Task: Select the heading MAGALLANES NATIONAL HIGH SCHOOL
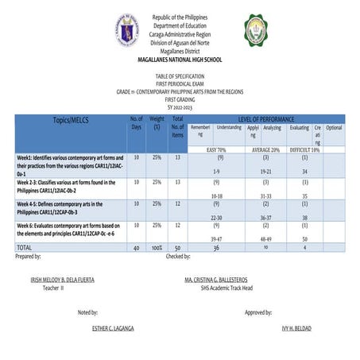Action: click(180, 60)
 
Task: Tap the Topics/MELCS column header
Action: click(68, 119)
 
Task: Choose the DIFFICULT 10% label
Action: click(304, 149)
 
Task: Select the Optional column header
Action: click(335, 127)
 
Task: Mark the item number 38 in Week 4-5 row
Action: click(304, 218)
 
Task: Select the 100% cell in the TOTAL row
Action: click(157, 249)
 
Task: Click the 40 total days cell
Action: click(136, 249)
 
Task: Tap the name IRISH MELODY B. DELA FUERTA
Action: click(62, 281)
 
